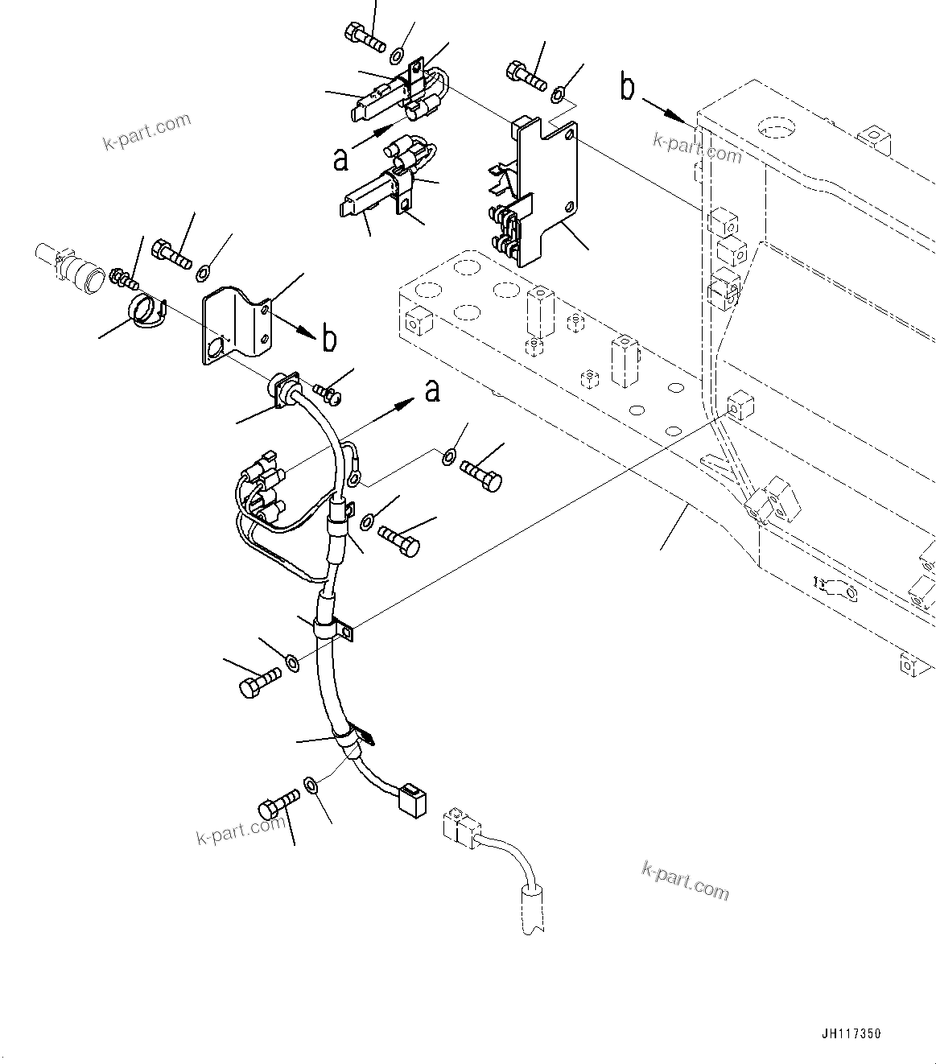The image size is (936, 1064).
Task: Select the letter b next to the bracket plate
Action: (x=329, y=340)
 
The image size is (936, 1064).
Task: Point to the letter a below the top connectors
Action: (x=341, y=159)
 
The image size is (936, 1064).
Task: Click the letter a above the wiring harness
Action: (x=433, y=391)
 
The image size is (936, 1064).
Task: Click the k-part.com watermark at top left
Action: (x=147, y=131)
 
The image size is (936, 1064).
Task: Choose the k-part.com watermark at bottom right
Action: (x=685, y=880)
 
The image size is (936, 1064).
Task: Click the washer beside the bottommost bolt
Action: (x=311, y=783)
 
